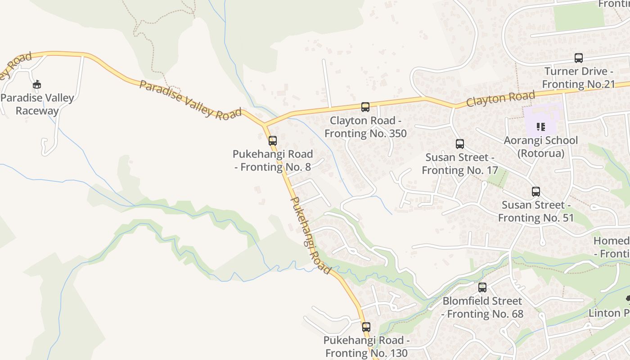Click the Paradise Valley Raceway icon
(x=37, y=84)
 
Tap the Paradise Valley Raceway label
(x=37, y=104)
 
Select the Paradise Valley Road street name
(x=190, y=100)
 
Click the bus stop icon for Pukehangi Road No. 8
(x=272, y=140)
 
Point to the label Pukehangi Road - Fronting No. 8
(x=273, y=161)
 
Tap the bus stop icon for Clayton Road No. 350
(x=365, y=107)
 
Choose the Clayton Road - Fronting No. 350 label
(x=365, y=127)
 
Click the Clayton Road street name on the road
(x=500, y=98)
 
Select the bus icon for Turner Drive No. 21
(x=578, y=58)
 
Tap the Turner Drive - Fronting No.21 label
(x=579, y=78)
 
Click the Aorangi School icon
(x=540, y=127)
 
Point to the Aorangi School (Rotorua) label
(x=540, y=147)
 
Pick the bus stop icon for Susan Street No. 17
(x=459, y=144)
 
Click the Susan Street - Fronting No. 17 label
(x=460, y=164)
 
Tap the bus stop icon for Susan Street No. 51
(x=535, y=192)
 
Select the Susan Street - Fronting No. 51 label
(x=535, y=211)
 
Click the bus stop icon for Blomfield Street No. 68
(x=482, y=287)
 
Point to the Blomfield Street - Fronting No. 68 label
(x=482, y=307)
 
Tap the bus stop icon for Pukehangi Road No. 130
(x=366, y=327)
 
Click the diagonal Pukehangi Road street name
(x=311, y=235)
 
